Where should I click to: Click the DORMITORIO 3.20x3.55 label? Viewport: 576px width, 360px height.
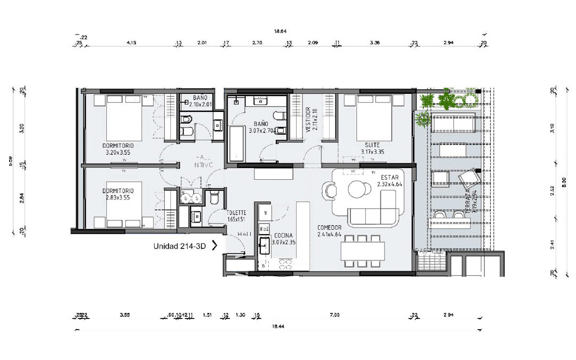[118, 149]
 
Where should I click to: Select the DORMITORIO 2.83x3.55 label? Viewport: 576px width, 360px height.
[118, 194]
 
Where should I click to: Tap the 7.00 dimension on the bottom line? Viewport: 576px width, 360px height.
[334, 315]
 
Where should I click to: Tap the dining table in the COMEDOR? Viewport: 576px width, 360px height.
[363, 250]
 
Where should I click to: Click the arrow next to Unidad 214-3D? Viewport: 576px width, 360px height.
[214, 246]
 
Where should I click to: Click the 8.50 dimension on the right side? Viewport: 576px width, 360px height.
[564, 181]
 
